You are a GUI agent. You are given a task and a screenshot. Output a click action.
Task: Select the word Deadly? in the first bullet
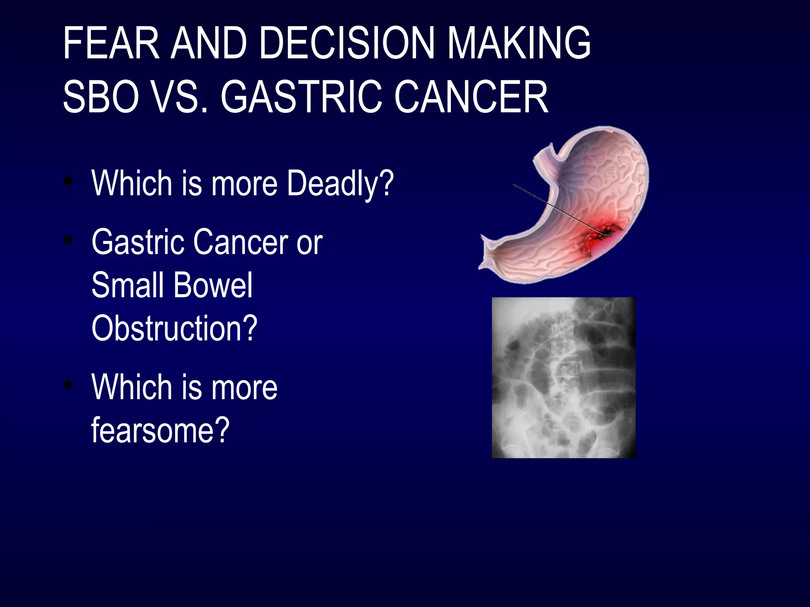[x=341, y=183]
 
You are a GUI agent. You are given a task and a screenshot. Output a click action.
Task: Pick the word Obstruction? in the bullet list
[x=174, y=328]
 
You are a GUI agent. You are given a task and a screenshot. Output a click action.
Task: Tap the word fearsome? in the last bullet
[x=160, y=430]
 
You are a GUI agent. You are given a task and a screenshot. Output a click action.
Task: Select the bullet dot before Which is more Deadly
[x=69, y=181]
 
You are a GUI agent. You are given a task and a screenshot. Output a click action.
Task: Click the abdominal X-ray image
[x=563, y=378]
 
